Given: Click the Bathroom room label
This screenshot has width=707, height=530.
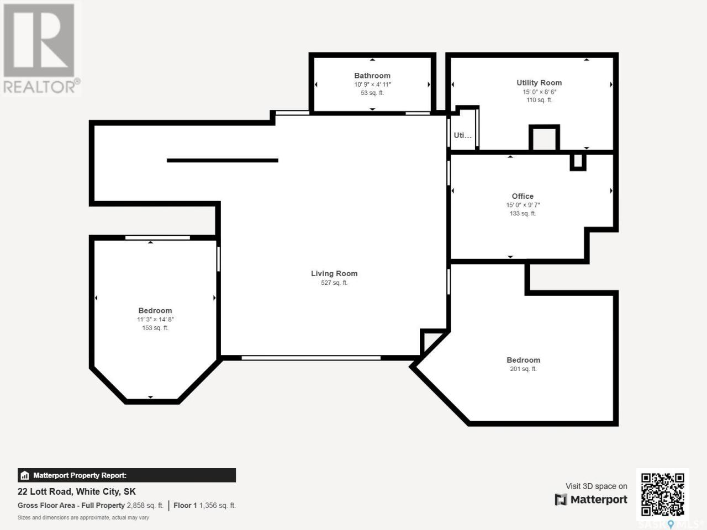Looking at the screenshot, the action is (372, 76).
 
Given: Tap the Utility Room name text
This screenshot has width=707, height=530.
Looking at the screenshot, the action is (539, 83).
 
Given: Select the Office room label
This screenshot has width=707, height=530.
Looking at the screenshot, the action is (523, 196).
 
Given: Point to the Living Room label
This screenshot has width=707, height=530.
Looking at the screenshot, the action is (334, 273).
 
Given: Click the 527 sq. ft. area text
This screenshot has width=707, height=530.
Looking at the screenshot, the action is (334, 283).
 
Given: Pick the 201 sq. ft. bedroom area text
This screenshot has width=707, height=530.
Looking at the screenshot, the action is (523, 369).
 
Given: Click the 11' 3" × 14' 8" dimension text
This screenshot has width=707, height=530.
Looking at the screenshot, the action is (155, 320).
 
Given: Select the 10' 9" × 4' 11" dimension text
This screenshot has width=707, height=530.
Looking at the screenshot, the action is (372, 84).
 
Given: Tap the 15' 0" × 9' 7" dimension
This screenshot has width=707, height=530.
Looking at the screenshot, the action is (523, 205).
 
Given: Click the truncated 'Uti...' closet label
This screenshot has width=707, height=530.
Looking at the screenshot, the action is (462, 135).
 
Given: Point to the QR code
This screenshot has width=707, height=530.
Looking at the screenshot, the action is (663, 495).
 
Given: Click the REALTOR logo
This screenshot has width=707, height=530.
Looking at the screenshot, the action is (41, 48).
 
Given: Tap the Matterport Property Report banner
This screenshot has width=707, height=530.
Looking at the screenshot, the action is (126, 475).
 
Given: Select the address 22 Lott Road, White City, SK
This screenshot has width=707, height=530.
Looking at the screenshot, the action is (77, 492).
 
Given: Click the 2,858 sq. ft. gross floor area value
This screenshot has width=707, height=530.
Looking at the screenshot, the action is (145, 506).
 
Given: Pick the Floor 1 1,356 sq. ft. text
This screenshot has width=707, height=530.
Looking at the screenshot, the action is (204, 506).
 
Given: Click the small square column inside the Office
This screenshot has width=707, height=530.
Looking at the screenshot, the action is (578, 162).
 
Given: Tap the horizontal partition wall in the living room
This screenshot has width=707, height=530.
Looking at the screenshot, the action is (223, 160).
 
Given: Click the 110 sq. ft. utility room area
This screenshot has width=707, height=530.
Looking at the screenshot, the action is (539, 100).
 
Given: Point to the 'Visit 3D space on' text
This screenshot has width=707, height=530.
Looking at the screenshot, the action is (596, 486).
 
